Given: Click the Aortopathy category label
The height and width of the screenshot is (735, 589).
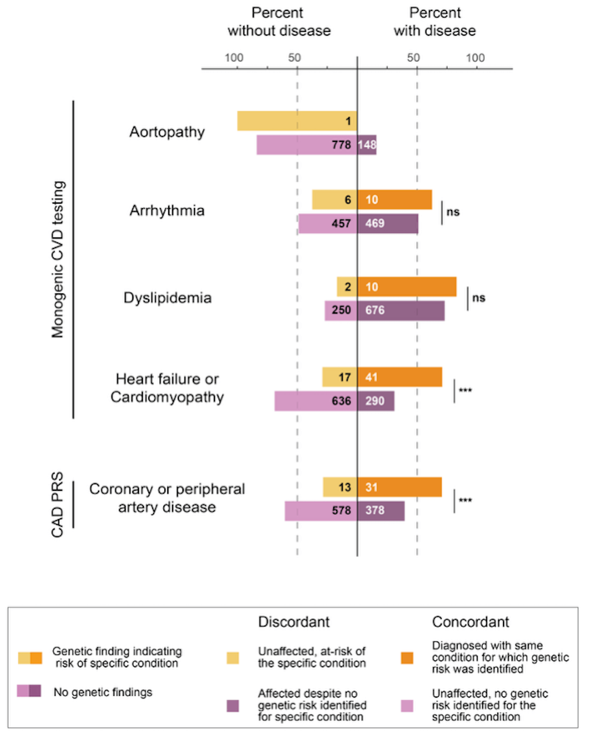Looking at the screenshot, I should [167, 132].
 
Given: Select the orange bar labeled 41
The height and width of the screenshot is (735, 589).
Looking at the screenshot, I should [400, 377].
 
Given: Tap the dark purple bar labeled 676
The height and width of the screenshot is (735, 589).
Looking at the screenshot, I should [401, 311].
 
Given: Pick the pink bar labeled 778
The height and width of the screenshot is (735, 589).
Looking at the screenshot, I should [307, 145].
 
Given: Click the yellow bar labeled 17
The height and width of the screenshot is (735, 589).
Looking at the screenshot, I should [340, 377].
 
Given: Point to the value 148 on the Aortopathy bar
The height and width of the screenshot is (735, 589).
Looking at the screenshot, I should [367, 145].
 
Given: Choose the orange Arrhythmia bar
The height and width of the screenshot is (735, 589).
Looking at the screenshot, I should [395, 200].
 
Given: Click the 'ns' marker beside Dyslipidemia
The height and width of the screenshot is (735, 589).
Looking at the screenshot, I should [479, 298].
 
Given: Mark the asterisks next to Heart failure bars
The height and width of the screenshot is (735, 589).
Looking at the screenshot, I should [465, 391].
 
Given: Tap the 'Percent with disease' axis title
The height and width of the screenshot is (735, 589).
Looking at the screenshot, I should [435, 22].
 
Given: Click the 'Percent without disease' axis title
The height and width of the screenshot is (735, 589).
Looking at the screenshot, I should [279, 22].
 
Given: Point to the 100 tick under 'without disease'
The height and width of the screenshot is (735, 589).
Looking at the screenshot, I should [234, 58].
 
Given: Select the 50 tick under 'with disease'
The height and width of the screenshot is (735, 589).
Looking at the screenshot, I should [413, 58].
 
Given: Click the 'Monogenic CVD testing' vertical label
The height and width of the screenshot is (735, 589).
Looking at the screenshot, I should [58, 260].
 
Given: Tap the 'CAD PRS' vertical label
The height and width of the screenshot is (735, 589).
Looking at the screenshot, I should [57, 505].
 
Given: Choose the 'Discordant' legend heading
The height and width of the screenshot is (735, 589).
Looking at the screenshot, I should [294, 622].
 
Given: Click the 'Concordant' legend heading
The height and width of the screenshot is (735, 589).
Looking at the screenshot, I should [470, 622].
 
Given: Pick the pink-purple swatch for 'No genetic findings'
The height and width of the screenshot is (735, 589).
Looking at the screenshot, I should [29, 691].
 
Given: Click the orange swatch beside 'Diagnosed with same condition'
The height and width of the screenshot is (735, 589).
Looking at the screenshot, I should [407, 658].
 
